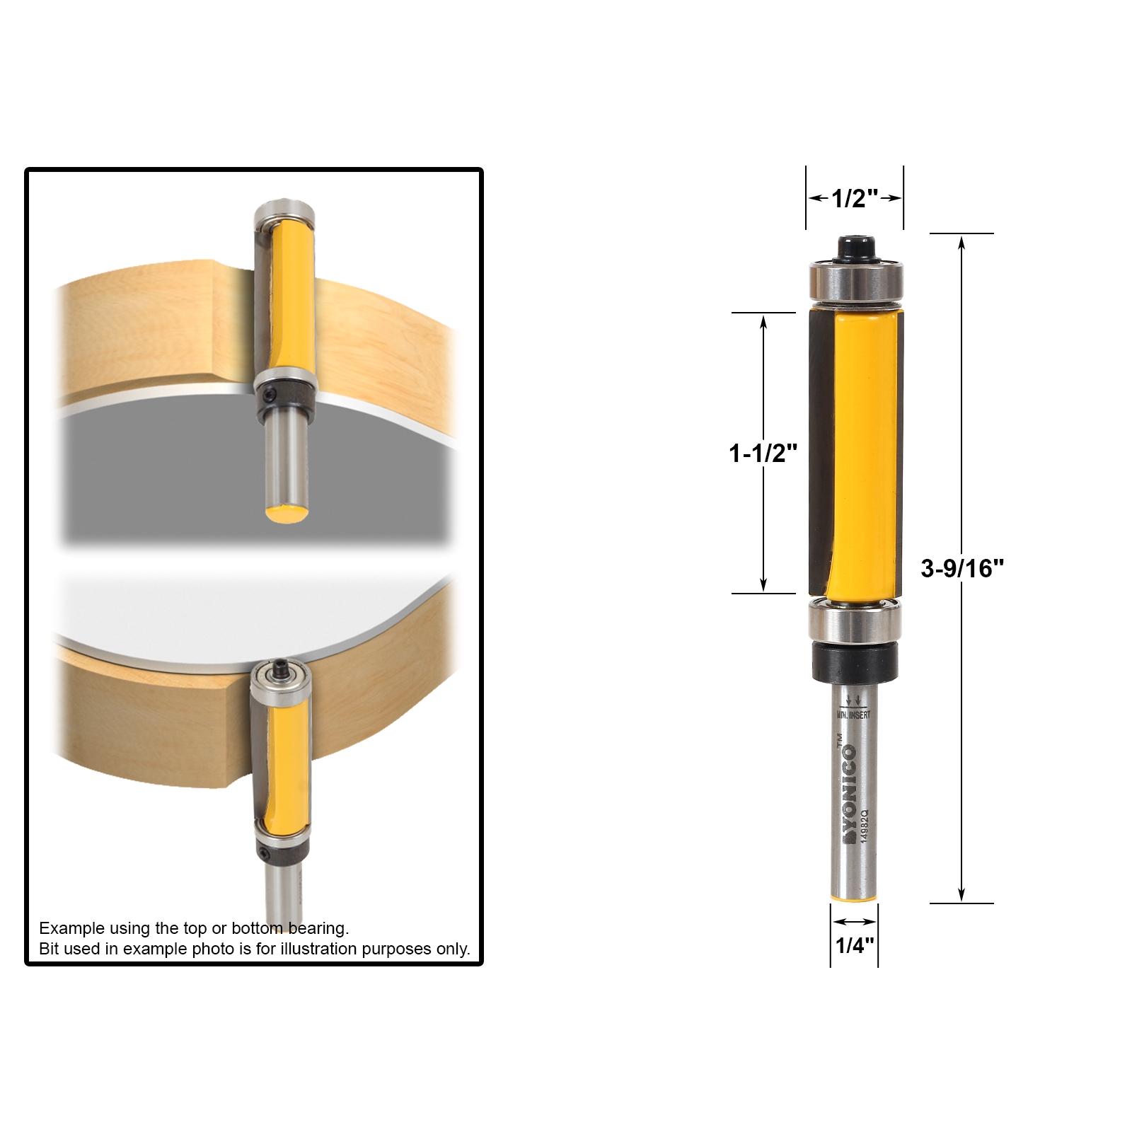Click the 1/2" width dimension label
[x=854, y=199]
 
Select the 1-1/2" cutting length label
[x=763, y=453]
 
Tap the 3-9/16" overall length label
[x=961, y=568]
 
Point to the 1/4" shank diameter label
[x=854, y=945]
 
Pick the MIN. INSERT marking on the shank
[x=854, y=715]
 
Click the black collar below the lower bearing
[x=855, y=663]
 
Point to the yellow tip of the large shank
[x=854, y=899]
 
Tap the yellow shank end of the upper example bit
[x=286, y=513]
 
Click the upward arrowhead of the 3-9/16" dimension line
[x=961, y=244]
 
